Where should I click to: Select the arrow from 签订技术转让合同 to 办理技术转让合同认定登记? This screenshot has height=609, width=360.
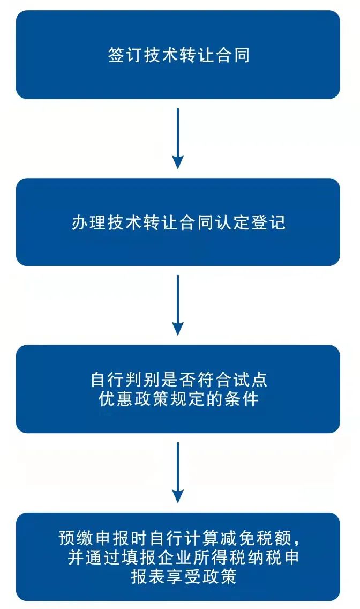(x=178, y=138)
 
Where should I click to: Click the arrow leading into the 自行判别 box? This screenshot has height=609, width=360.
(x=178, y=305)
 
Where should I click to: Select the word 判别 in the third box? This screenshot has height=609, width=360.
(x=142, y=380)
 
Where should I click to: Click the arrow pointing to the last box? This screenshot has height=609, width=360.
(x=178, y=472)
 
